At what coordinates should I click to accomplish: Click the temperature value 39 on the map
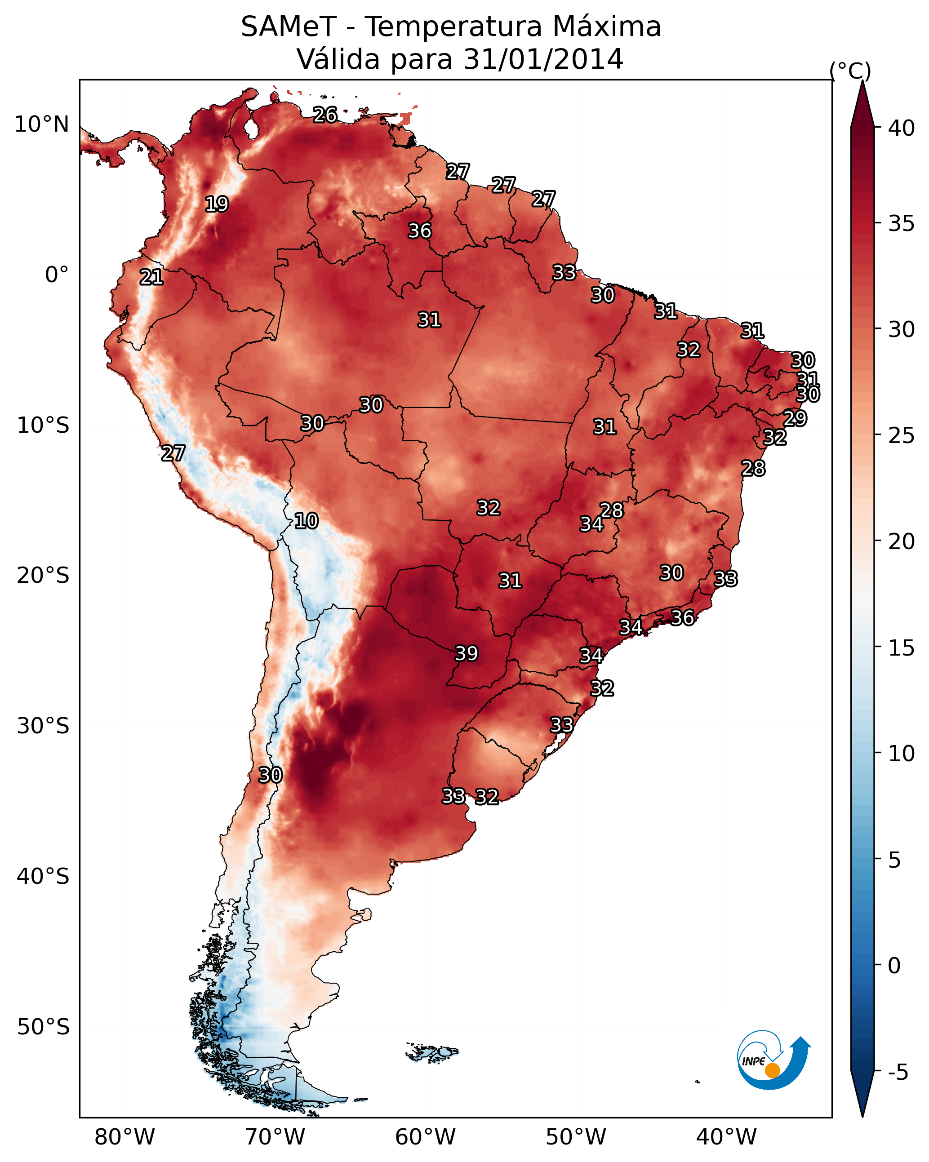tap(467, 653)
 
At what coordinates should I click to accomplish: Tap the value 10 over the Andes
tap(306, 521)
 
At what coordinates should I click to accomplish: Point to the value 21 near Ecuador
tap(151, 277)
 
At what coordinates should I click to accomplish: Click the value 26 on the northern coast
tap(325, 114)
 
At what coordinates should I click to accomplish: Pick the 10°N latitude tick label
tap(41, 124)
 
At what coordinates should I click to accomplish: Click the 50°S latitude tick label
tap(43, 1027)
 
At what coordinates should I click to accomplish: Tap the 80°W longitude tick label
tap(124, 1137)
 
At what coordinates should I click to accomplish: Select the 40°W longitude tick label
tap(726, 1137)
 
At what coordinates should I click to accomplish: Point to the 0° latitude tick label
tap(57, 275)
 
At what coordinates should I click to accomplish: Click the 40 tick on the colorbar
tap(902, 128)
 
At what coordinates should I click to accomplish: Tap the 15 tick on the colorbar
tap(902, 648)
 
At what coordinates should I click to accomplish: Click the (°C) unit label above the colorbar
tap(850, 71)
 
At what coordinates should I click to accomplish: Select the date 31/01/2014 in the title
tap(543, 59)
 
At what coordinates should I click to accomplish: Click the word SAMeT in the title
tap(289, 27)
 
